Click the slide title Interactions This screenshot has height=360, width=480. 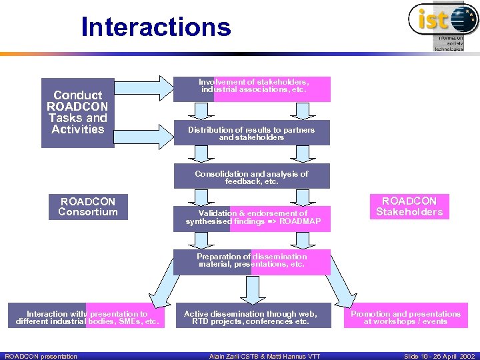tap(155, 27)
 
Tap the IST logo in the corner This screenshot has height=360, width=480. tap(443, 25)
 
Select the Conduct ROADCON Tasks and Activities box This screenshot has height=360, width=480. tap(77, 112)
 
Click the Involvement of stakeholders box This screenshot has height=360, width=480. tap(252, 89)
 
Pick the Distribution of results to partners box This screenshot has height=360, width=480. tap(252, 133)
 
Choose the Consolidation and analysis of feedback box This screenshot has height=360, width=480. tap(252, 177)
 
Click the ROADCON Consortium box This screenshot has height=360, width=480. tap(88, 207)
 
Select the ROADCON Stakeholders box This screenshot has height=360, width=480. tap(409, 207)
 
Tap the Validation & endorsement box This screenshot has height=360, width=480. tap(252, 218)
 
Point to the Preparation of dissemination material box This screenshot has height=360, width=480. tap(252, 261)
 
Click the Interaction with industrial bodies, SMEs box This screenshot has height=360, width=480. tap(87, 317)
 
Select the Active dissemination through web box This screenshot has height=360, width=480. tap(251, 317)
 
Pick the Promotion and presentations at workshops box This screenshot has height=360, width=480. tap(405, 317)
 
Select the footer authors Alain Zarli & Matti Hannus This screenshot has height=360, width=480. tap(265, 356)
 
